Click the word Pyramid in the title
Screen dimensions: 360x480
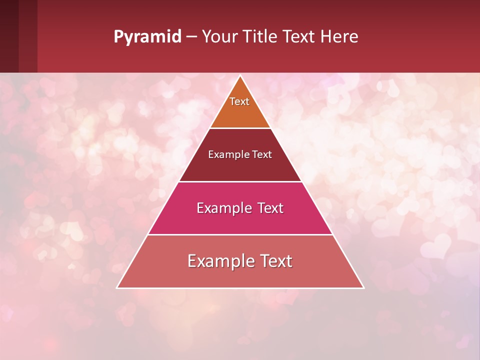click(147, 37)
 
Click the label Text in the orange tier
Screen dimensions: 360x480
click(239, 101)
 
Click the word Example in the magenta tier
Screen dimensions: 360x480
click(223, 208)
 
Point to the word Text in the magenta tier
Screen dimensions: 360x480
click(270, 208)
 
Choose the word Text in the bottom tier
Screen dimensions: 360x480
click(276, 261)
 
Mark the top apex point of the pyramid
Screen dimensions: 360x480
click(240, 76)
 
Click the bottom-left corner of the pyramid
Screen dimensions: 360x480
click(117, 287)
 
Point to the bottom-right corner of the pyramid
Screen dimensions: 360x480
click(363, 287)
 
